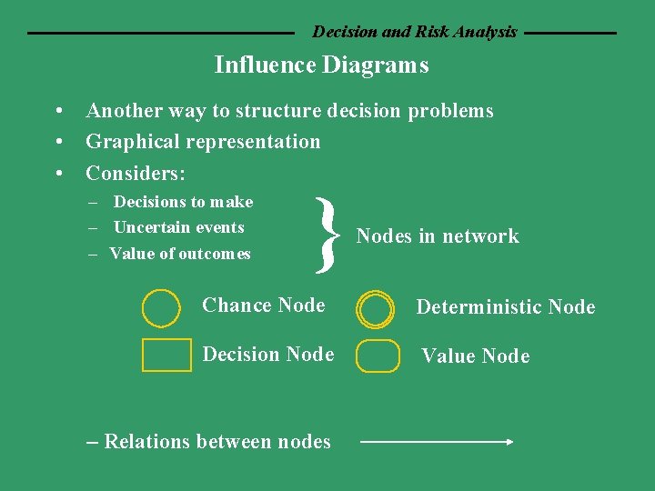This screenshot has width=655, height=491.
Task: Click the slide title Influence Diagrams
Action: (321, 65)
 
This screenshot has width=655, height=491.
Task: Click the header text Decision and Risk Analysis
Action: (414, 32)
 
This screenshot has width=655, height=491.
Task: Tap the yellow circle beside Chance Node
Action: (161, 307)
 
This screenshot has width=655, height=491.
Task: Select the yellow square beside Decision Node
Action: (166, 355)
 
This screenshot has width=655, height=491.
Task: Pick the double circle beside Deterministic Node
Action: (376, 309)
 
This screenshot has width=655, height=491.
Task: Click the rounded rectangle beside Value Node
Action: (378, 356)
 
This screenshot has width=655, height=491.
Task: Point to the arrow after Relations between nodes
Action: (438, 442)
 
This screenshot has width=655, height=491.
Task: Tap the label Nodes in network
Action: (437, 236)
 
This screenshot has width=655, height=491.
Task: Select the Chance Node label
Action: (263, 306)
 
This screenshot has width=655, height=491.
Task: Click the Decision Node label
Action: (267, 355)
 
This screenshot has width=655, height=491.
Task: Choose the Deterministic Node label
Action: (505, 307)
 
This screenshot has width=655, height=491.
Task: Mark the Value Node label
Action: (475, 356)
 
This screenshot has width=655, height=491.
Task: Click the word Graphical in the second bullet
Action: (127, 142)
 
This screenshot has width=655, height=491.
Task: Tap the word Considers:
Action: (136, 173)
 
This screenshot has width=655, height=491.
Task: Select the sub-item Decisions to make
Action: (183, 202)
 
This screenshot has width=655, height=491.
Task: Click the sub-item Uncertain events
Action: (178, 227)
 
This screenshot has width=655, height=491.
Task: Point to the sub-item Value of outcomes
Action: (180, 254)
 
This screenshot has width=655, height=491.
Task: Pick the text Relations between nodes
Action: (217, 442)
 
